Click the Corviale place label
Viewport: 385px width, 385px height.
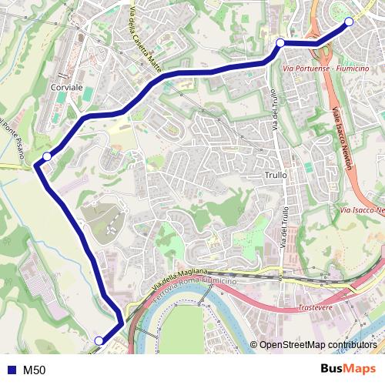[65, 89]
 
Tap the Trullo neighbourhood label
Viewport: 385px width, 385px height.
[275, 175]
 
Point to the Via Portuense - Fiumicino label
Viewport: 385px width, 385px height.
[326, 69]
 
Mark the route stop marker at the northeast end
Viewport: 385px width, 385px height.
[349, 22]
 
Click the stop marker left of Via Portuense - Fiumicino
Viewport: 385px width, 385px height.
[280, 42]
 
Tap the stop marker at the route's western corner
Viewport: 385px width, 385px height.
[47, 156]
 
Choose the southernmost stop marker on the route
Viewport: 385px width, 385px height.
[99, 340]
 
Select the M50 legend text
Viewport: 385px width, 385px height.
[34, 370]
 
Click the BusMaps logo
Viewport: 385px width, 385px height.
[349, 369]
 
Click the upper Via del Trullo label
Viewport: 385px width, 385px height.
[274, 115]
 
